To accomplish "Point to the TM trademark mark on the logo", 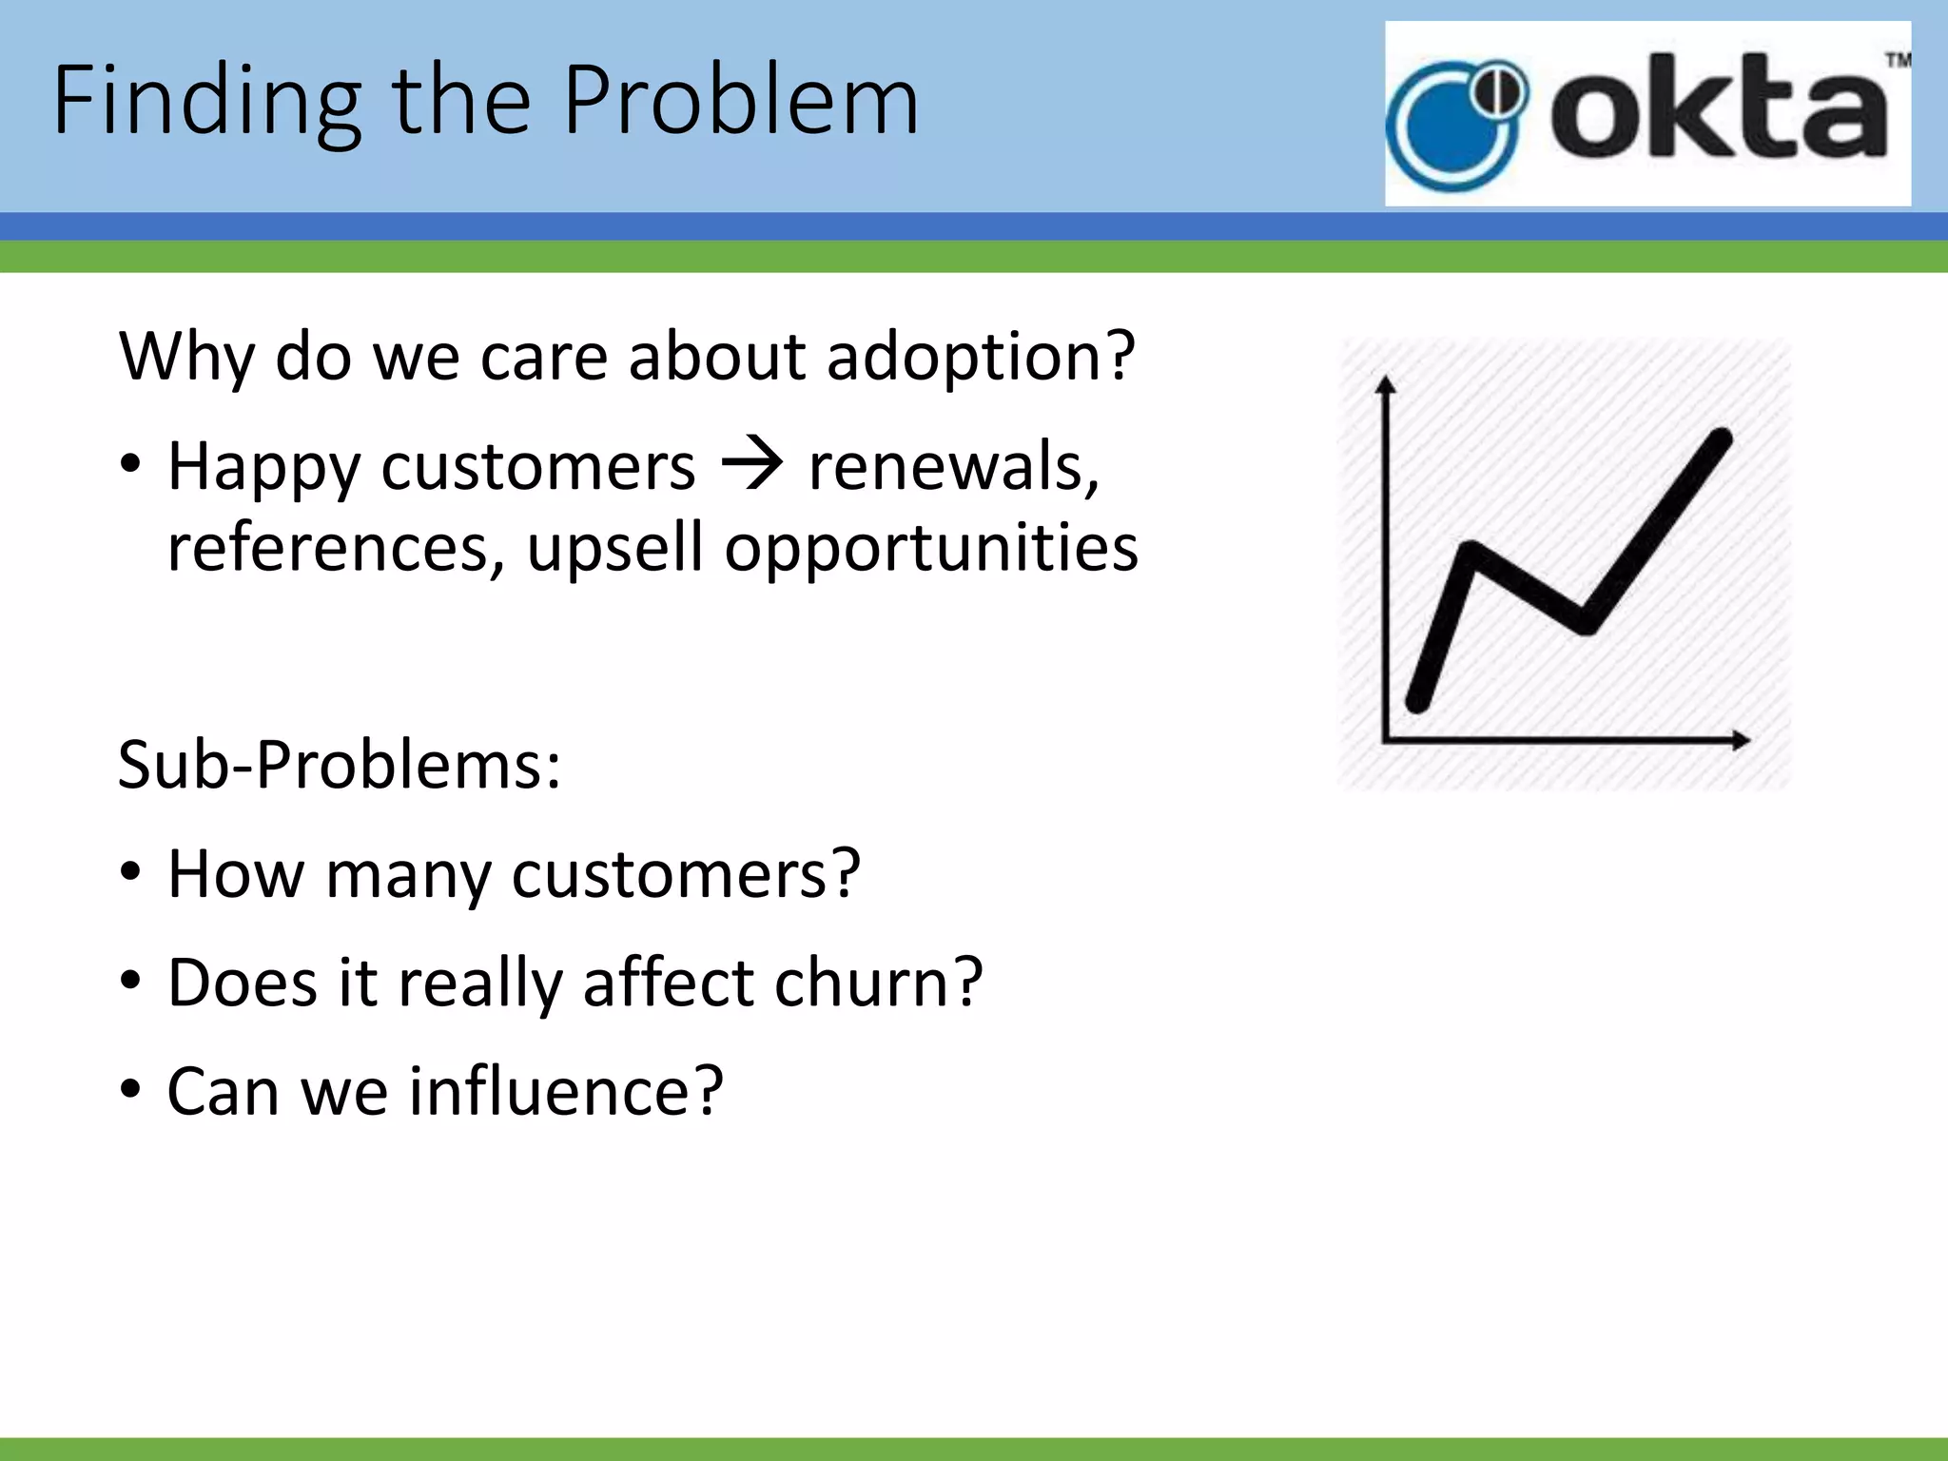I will (1898, 62).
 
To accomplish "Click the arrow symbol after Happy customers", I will (752, 466).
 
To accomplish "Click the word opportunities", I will (931, 549).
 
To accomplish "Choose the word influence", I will (567, 1091).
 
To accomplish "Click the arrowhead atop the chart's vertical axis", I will (1386, 384).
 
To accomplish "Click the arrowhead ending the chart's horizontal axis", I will (1740, 740).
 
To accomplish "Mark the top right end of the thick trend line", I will (1720, 438).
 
